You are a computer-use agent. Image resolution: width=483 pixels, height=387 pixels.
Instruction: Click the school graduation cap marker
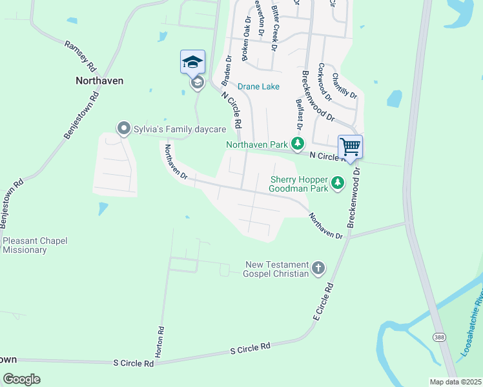[192, 63]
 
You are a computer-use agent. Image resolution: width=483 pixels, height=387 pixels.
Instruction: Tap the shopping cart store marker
[350, 146]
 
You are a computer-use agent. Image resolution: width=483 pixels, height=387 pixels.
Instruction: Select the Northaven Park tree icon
[297, 144]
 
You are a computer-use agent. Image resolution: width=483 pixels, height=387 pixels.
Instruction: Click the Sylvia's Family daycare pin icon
[123, 129]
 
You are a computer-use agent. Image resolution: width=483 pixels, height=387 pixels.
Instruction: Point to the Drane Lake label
[258, 86]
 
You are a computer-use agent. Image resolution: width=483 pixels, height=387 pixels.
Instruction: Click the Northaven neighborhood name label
[99, 81]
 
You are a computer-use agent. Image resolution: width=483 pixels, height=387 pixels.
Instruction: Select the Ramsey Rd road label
[80, 56]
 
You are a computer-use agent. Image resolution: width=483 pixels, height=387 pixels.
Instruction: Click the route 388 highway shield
[438, 337]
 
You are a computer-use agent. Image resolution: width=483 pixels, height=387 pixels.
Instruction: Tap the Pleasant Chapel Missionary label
[35, 245]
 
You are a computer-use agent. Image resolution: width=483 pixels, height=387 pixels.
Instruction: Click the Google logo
[21, 379]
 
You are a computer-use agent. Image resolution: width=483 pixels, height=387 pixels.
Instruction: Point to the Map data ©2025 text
[455, 382]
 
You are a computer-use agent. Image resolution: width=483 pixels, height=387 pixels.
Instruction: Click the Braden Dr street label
[227, 70]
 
